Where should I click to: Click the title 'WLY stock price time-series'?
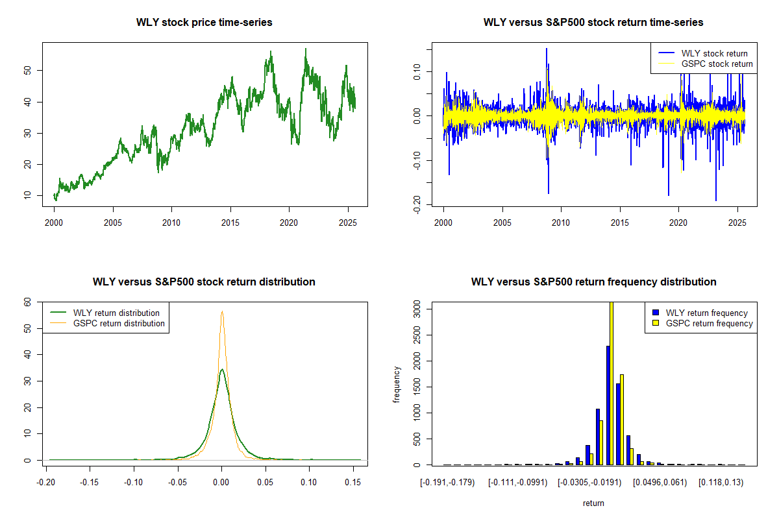204,23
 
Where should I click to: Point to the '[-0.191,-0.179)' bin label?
447,483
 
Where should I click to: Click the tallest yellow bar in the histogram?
611,383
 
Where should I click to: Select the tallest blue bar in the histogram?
608,405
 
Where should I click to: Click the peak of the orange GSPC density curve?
222,311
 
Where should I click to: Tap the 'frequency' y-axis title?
397,385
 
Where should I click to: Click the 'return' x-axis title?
593,503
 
